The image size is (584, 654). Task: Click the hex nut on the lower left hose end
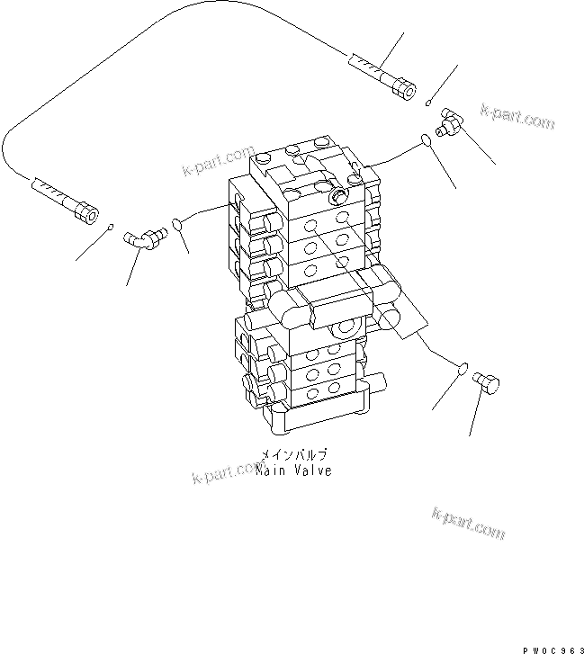click(85, 211)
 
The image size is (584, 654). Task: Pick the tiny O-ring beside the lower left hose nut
click(110, 226)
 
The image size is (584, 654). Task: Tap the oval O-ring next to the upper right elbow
click(424, 139)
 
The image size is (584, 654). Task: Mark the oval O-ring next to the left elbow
click(176, 225)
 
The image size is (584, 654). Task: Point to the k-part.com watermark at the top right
click(517, 117)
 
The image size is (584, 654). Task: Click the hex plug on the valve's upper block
click(339, 196)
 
